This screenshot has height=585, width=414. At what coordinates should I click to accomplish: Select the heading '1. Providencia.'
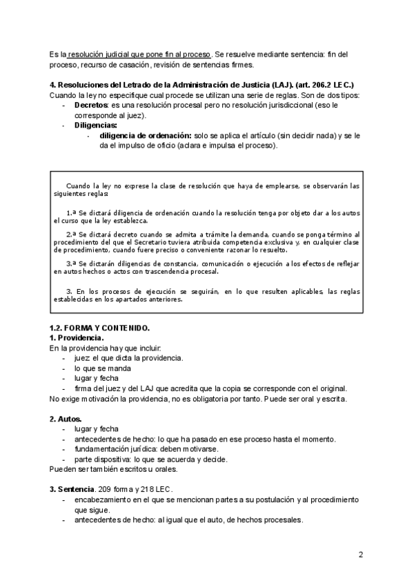[x=77, y=338]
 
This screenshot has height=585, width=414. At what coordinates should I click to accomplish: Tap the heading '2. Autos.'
[x=66, y=419]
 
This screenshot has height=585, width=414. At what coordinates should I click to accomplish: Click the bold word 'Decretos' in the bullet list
[x=90, y=104]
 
